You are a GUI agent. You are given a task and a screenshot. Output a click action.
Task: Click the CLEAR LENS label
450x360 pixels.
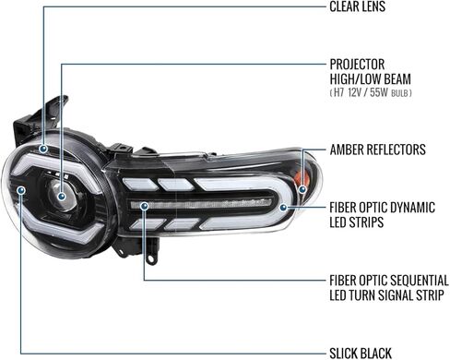click(357, 6)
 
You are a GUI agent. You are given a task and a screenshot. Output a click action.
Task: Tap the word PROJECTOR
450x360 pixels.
click(357, 65)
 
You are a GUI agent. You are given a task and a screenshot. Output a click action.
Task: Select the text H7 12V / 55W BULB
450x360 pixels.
click(371, 92)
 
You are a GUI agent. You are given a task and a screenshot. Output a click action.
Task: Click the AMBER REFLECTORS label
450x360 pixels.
click(378, 150)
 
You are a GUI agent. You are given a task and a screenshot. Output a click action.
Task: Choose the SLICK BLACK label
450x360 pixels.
click(361, 354)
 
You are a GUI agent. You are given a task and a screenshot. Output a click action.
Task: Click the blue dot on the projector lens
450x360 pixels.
click(62, 196)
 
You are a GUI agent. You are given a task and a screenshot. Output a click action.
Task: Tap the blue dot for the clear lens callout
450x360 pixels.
click(43, 149)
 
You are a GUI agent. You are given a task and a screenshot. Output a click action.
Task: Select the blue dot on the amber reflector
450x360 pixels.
click(302, 189)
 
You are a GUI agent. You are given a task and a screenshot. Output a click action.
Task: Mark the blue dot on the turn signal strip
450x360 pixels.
click(144, 206)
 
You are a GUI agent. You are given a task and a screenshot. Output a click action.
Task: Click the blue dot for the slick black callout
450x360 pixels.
click(21, 190)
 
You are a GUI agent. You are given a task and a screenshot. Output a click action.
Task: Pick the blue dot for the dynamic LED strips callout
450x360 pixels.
click(283, 208)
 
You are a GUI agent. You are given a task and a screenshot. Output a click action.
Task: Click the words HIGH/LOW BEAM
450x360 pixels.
click(371, 79)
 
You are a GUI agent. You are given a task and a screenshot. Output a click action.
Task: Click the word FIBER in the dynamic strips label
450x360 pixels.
click(342, 208)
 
